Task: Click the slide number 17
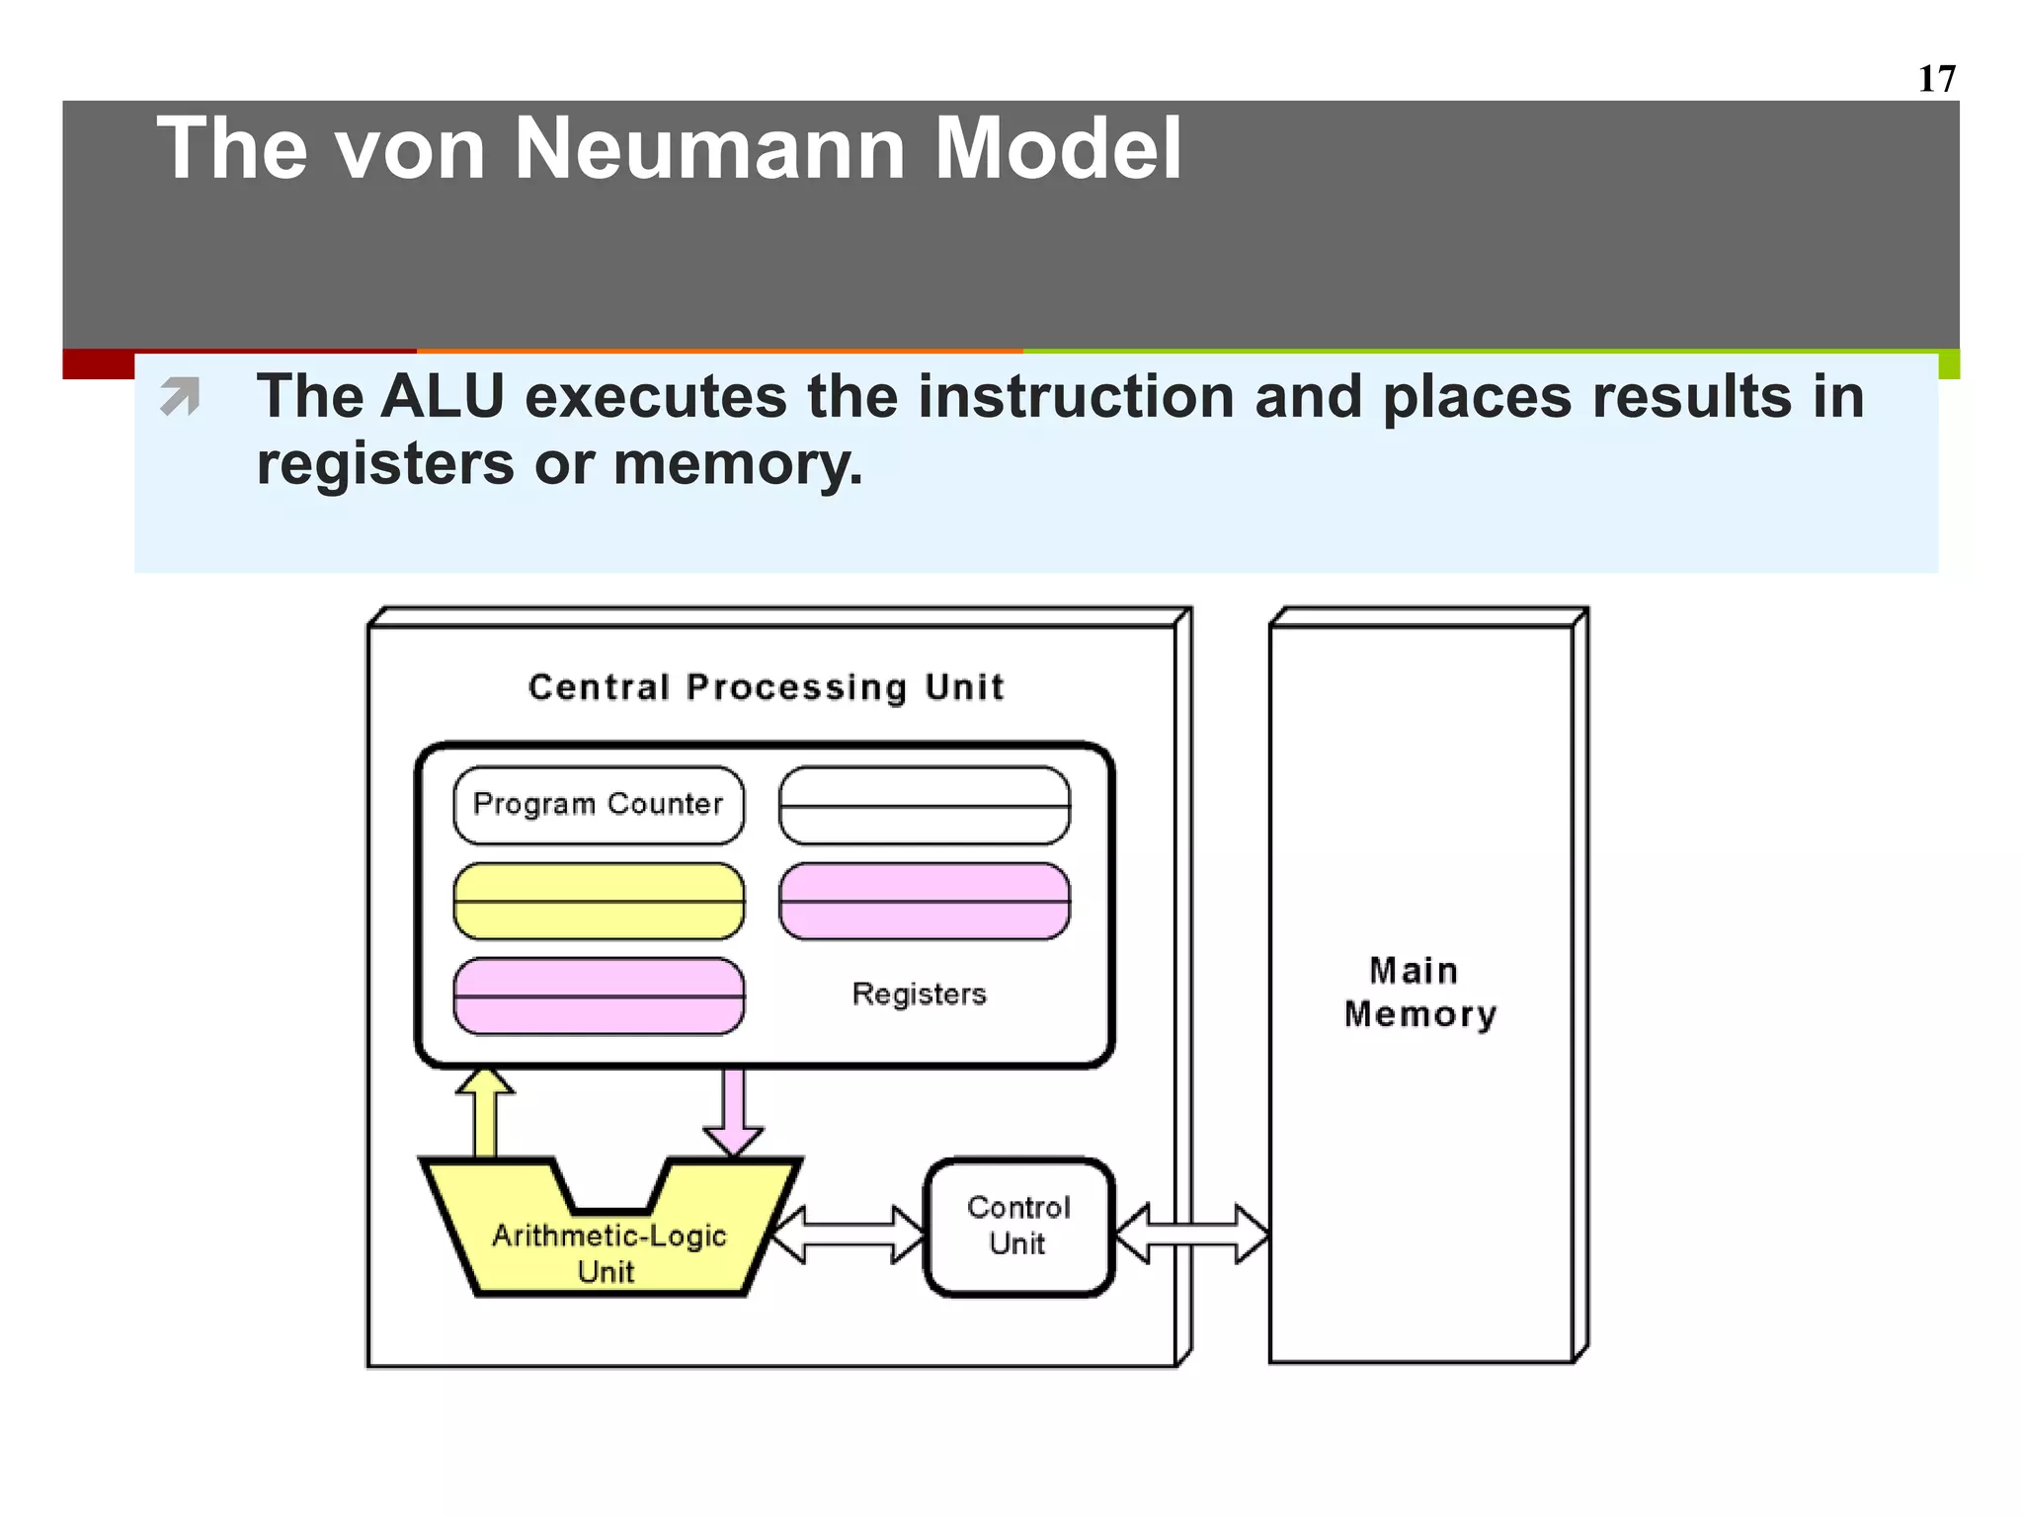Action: (x=1936, y=79)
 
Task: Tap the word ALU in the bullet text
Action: (x=443, y=397)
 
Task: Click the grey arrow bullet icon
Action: (x=180, y=397)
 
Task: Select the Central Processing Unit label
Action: (x=766, y=686)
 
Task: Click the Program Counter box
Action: (x=599, y=805)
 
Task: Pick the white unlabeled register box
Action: (x=925, y=805)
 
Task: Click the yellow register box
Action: (x=599, y=901)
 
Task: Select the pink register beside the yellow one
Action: (x=925, y=901)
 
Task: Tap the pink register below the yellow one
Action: (x=599, y=996)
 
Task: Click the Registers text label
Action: (x=919, y=994)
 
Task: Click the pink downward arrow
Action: (x=733, y=1111)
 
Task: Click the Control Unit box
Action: (x=1019, y=1227)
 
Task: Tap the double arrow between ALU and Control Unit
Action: (x=848, y=1235)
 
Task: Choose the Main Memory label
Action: (x=1418, y=993)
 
